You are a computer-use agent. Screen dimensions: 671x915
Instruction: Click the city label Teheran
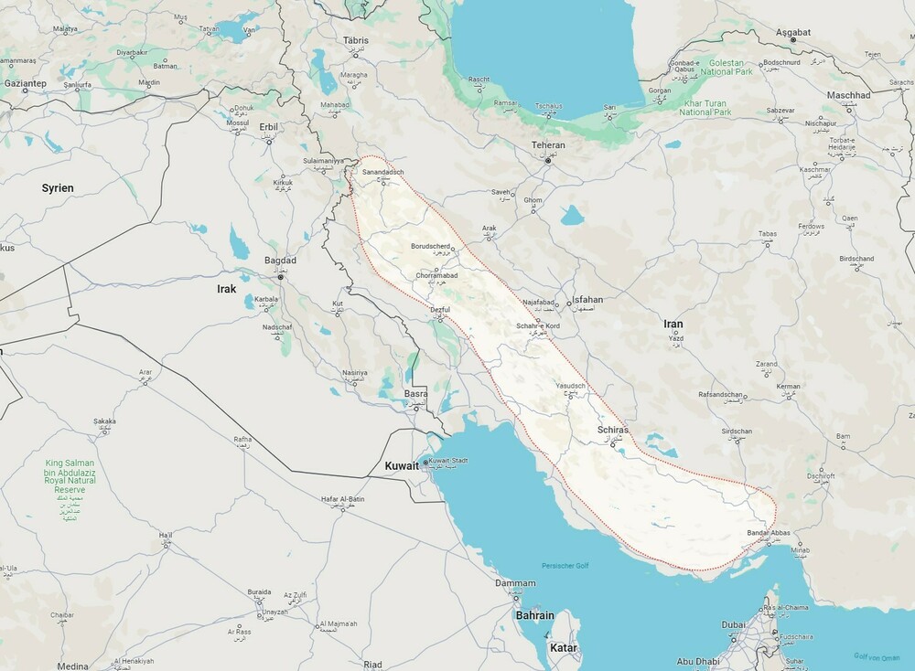(x=549, y=145)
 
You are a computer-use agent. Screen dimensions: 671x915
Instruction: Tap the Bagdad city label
(x=280, y=261)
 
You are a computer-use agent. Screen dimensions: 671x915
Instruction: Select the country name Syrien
(x=57, y=188)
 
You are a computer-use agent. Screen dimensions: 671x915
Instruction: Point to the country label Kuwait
(x=402, y=466)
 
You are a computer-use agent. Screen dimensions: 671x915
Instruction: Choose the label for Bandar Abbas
(x=769, y=533)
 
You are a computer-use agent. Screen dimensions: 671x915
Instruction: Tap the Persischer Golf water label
(x=565, y=566)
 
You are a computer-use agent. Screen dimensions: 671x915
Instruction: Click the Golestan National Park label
(x=730, y=68)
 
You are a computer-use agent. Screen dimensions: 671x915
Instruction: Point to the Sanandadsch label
(x=382, y=172)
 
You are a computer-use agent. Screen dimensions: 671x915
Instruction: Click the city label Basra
(x=415, y=394)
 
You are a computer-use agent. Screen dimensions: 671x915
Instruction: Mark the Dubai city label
(x=733, y=625)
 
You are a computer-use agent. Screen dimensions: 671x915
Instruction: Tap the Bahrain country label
(x=535, y=615)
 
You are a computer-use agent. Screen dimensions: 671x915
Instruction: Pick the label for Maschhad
(x=847, y=95)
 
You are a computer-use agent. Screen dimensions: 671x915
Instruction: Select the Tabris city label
(x=355, y=41)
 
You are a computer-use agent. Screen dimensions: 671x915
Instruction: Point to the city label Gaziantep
(x=25, y=83)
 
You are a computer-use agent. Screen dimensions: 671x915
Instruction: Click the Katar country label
(x=564, y=648)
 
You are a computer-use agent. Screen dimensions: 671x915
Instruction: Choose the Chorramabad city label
(x=436, y=275)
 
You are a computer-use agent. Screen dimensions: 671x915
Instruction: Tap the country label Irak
(x=226, y=289)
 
